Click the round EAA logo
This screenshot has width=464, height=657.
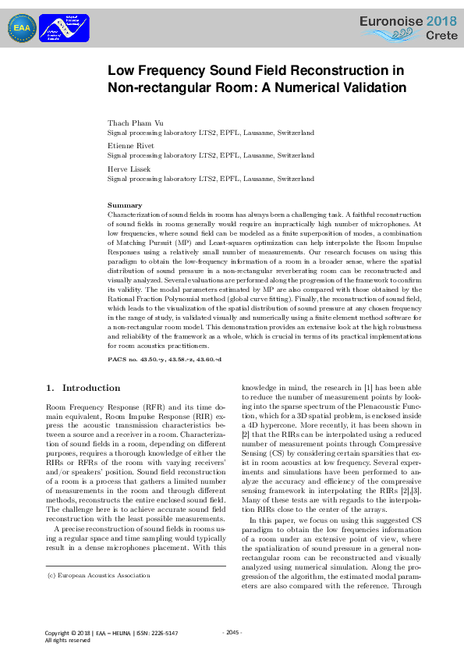pos(22,28)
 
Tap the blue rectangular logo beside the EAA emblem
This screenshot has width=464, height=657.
pos(63,28)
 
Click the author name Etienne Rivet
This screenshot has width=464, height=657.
pos(130,146)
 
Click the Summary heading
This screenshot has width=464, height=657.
pos(125,205)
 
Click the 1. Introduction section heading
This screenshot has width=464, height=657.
pos(83,388)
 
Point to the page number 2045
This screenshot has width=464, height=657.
pos(232,633)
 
